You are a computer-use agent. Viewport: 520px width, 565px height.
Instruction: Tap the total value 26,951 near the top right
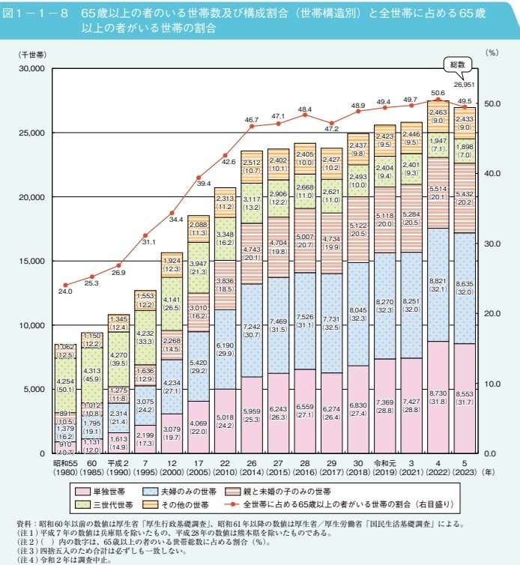(x=465, y=84)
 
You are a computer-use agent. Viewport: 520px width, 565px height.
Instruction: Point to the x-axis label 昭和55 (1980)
(x=65, y=470)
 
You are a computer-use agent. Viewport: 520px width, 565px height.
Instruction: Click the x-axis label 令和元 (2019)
(x=384, y=470)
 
